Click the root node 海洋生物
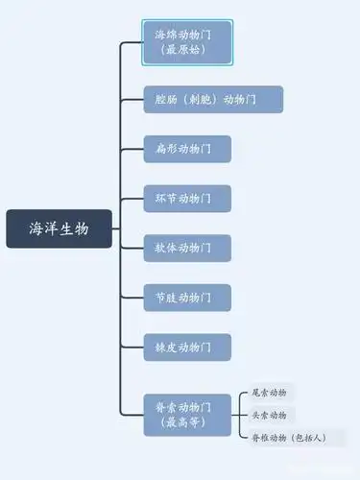tap(59, 228)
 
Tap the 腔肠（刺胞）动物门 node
tap(213, 99)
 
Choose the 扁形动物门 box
tap(187, 149)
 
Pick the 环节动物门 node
tap(187, 199)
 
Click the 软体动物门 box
tap(187, 248)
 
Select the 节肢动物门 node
tap(187, 298)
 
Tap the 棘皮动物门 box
tap(187, 347)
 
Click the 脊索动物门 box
tap(187, 415)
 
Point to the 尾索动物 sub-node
tap(269, 392)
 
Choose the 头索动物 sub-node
tap(269, 415)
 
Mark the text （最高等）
tap(187, 422)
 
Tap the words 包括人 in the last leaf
tap(307, 438)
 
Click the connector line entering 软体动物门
tap(132, 248)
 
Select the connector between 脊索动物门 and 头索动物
tap(239, 415)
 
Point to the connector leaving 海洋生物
tap(115, 228)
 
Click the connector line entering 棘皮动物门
tap(132, 347)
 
